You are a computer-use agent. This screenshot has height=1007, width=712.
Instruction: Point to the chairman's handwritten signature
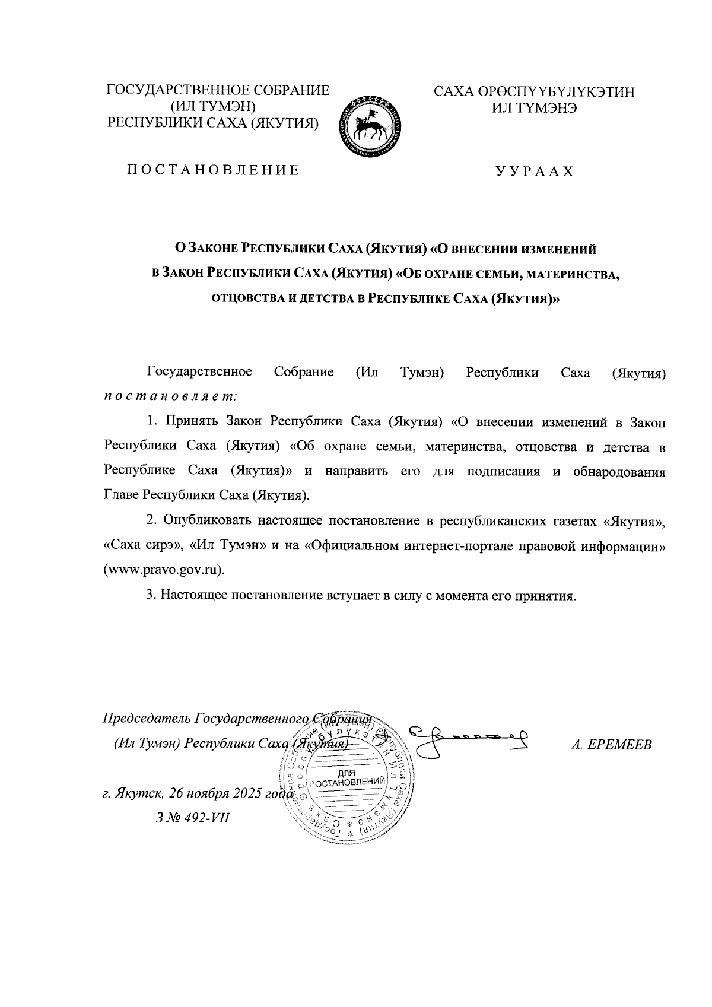472,739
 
